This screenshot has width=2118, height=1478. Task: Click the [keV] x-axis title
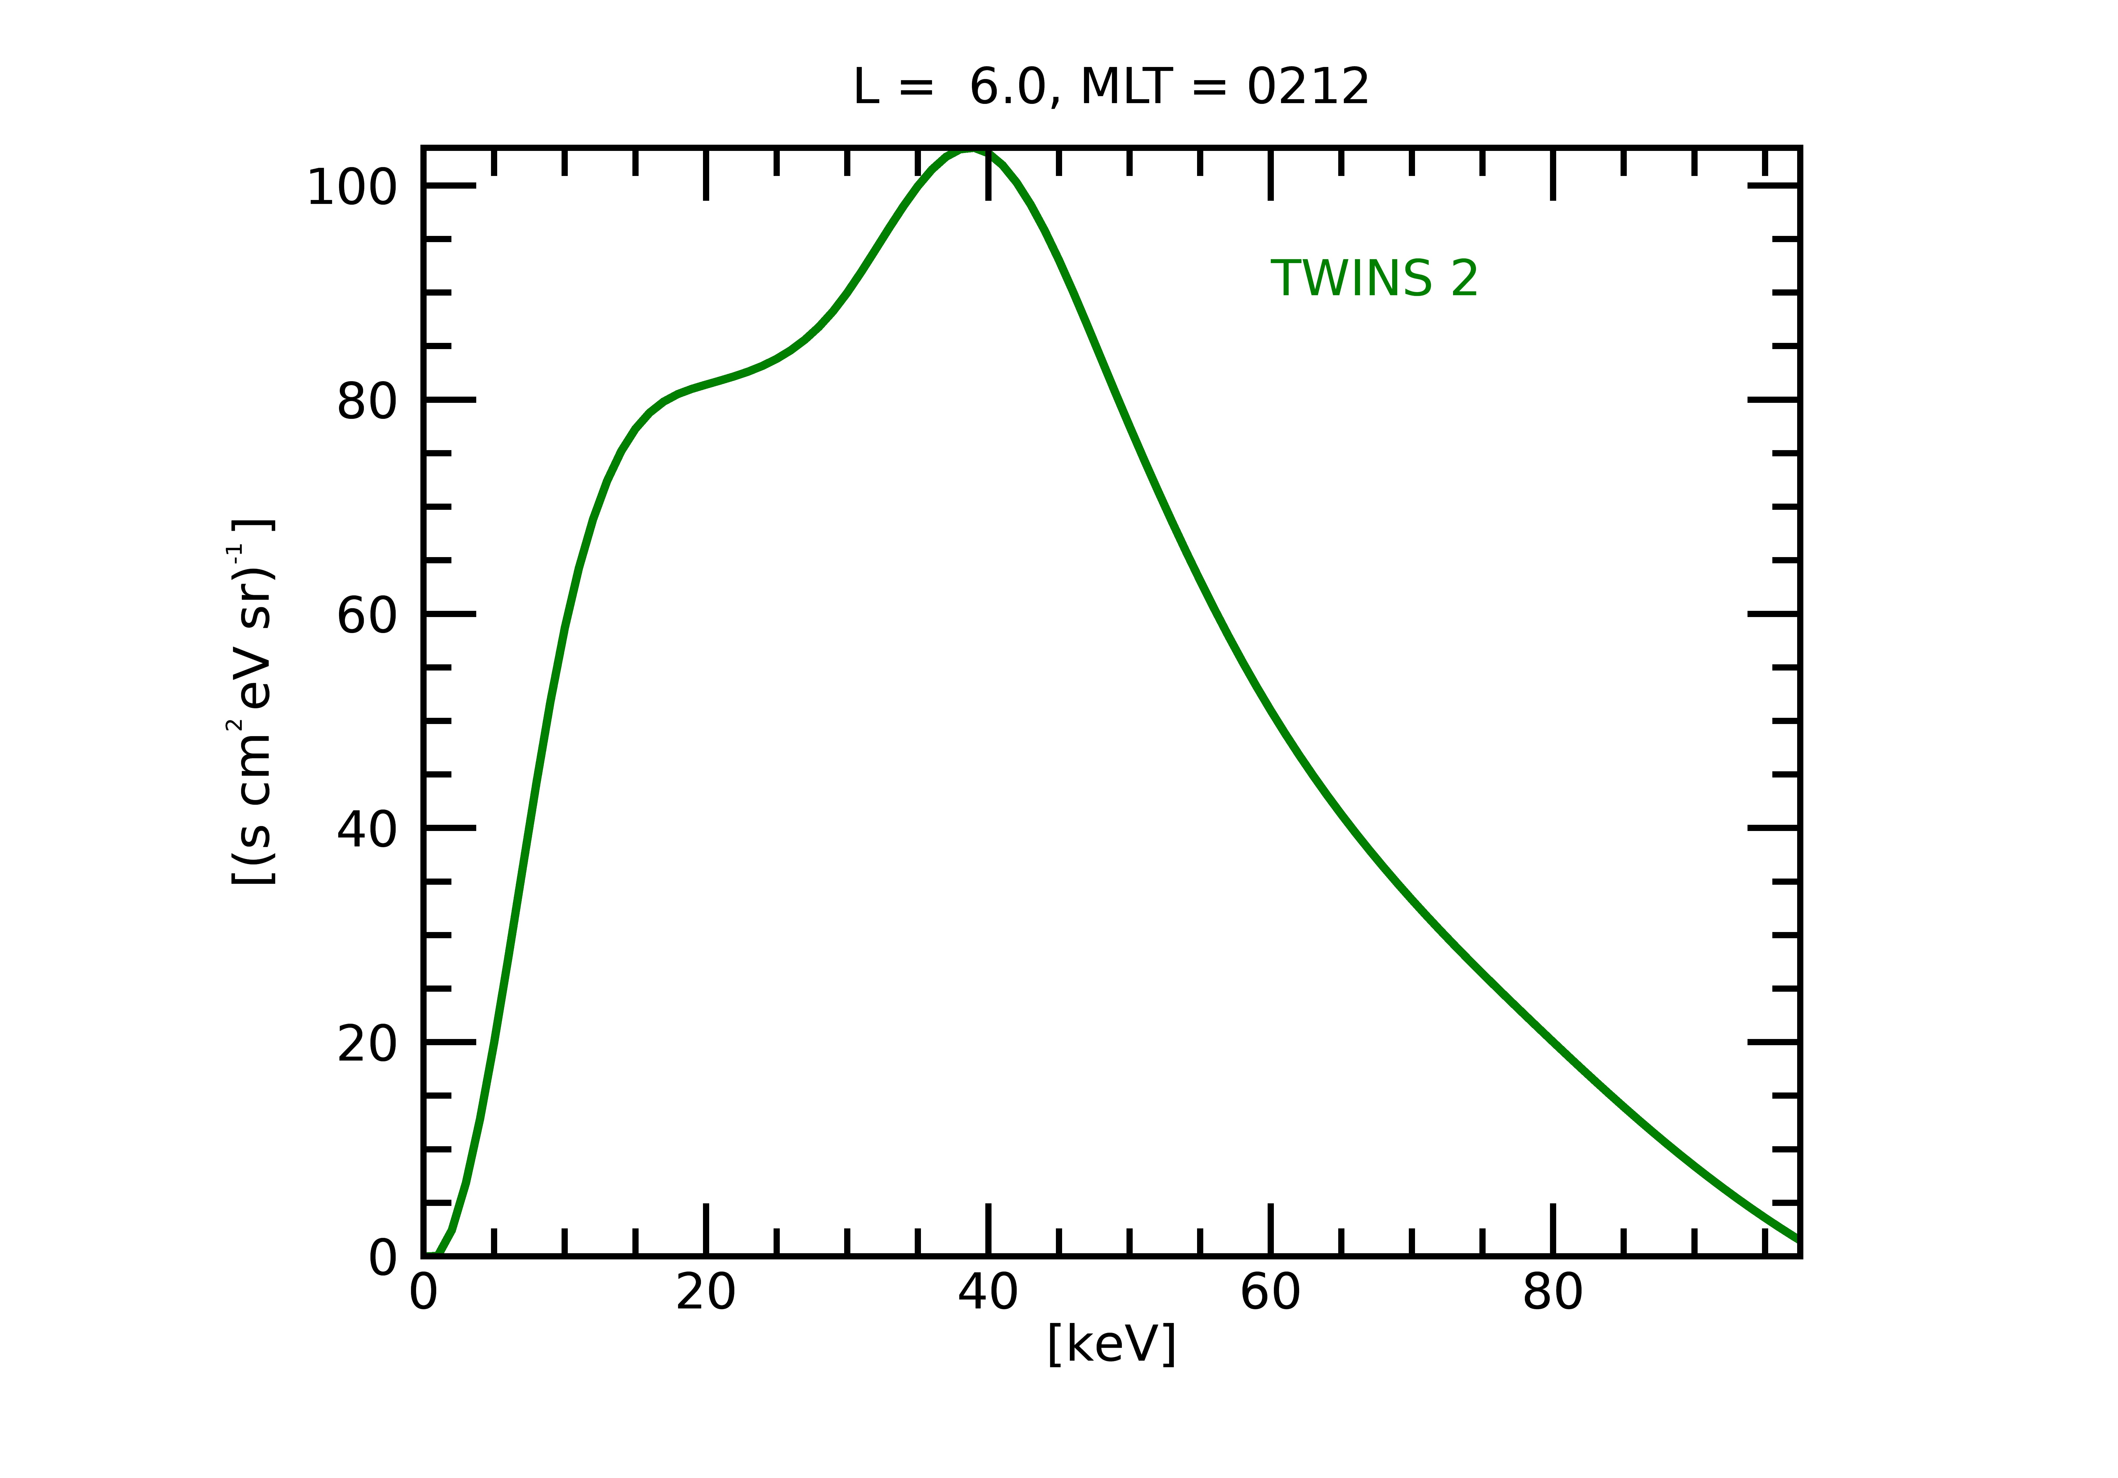(1111, 1344)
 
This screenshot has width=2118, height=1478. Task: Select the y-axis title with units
(251, 703)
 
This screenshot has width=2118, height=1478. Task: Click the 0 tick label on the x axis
(423, 1294)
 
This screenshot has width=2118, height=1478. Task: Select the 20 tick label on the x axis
(706, 1294)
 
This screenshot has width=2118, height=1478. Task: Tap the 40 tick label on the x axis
(988, 1294)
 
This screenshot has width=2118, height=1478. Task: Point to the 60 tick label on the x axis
(1270, 1294)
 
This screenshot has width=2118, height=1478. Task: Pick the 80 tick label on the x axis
(1553, 1294)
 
